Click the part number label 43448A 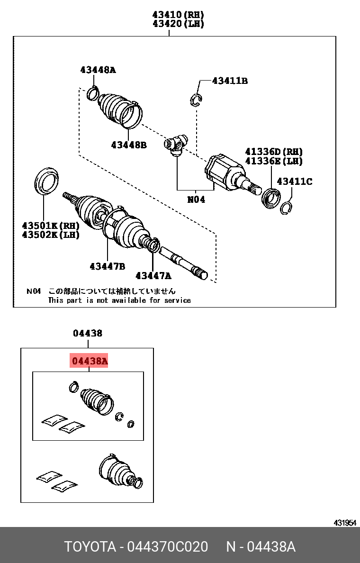click(x=98, y=70)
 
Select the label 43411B click(x=230, y=81)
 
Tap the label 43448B click(x=129, y=145)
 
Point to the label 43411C click(x=295, y=181)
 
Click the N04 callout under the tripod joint click(x=196, y=200)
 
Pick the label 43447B click(x=107, y=266)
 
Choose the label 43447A click(x=153, y=275)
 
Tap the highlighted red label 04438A click(x=90, y=362)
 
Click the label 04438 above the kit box click(x=87, y=333)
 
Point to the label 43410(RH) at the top click(x=178, y=15)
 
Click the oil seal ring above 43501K click(x=46, y=181)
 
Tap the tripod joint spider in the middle click(x=176, y=144)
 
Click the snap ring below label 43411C click(x=286, y=208)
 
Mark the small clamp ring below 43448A click(x=93, y=93)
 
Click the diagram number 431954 click(x=344, y=523)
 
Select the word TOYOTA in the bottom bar click(x=90, y=547)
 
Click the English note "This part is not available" click(x=119, y=300)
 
